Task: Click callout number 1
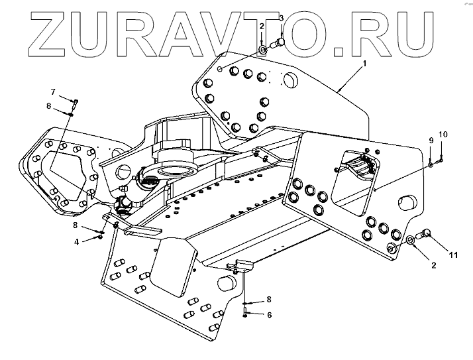[x=364, y=65]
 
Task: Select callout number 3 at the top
[x=280, y=18]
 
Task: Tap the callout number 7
[x=54, y=91]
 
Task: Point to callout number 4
[x=77, y=242]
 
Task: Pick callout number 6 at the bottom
[x=269, y=315]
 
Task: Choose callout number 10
[x=443, y=135]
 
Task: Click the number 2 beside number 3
[x=262, y=26]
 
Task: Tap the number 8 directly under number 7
[x=48, y=105]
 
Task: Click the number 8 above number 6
[x=269, y=299]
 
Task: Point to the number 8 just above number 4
[x=76, y=225]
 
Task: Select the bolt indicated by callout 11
[x=425, y=233]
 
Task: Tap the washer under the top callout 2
[x=264, y=49]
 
